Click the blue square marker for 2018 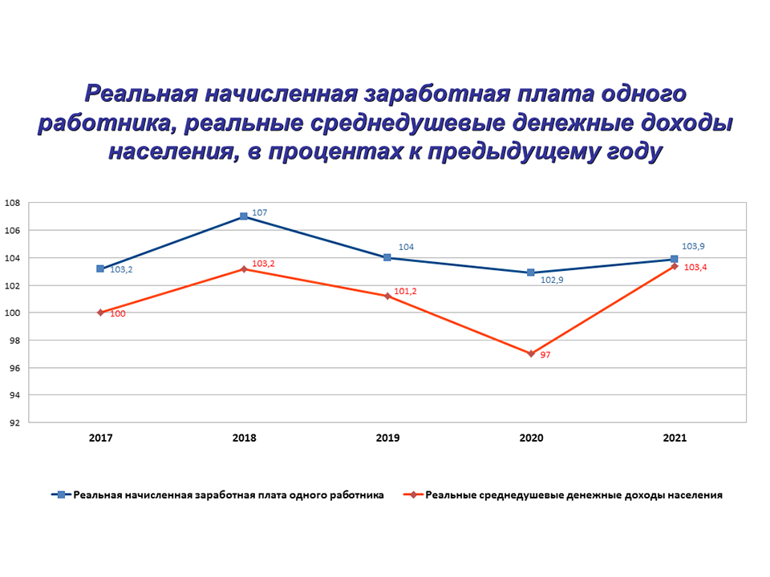coord(244,216)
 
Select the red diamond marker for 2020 coord(531,353)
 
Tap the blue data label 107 coord(259,212)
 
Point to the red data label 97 coord(545,354)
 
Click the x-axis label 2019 coord(387,438)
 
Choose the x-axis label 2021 coord(675,438)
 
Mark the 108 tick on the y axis coord(13,203)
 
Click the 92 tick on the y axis coord(13,422)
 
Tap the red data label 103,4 coord(695,267)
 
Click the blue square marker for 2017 coord(100,268)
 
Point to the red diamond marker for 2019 coord(387,297)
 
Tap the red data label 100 coord(117,314)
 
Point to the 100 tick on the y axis coord(13,313)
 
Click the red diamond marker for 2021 coord(675,266)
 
